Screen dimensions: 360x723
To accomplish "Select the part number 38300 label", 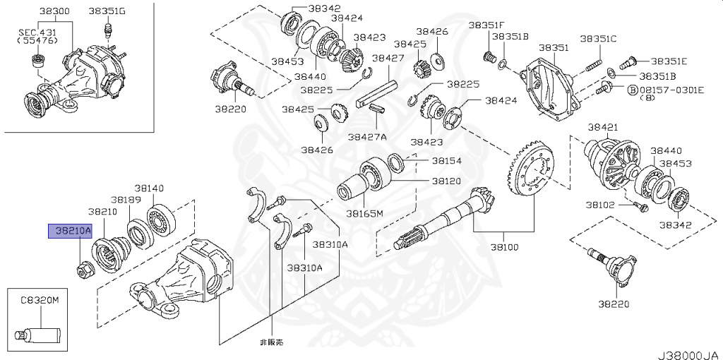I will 54,11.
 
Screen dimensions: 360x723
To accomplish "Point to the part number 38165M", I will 364,212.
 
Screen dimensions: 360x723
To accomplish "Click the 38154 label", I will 446,161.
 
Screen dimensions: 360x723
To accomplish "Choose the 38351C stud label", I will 598,39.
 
